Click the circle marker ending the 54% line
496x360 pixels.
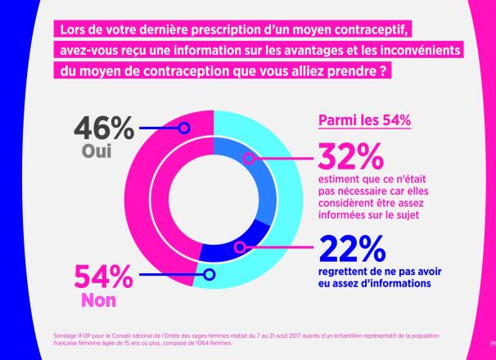pos(209,275)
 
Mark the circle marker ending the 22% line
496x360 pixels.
pos(239,246)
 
